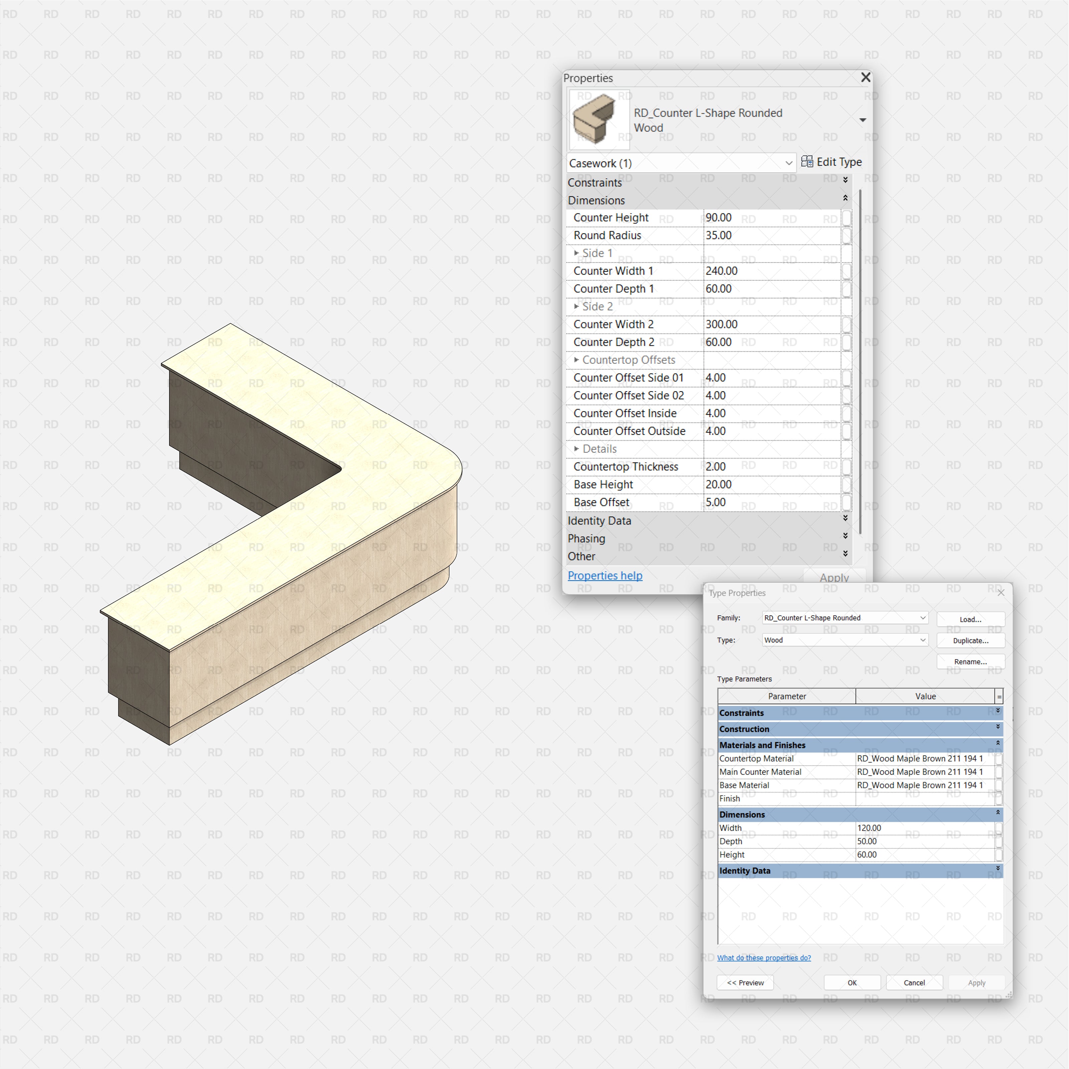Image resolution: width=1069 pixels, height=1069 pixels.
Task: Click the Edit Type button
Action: [831, 162]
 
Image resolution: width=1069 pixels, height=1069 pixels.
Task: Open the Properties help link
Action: [605, 576]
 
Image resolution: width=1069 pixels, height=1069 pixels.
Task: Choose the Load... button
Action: [970, 619]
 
